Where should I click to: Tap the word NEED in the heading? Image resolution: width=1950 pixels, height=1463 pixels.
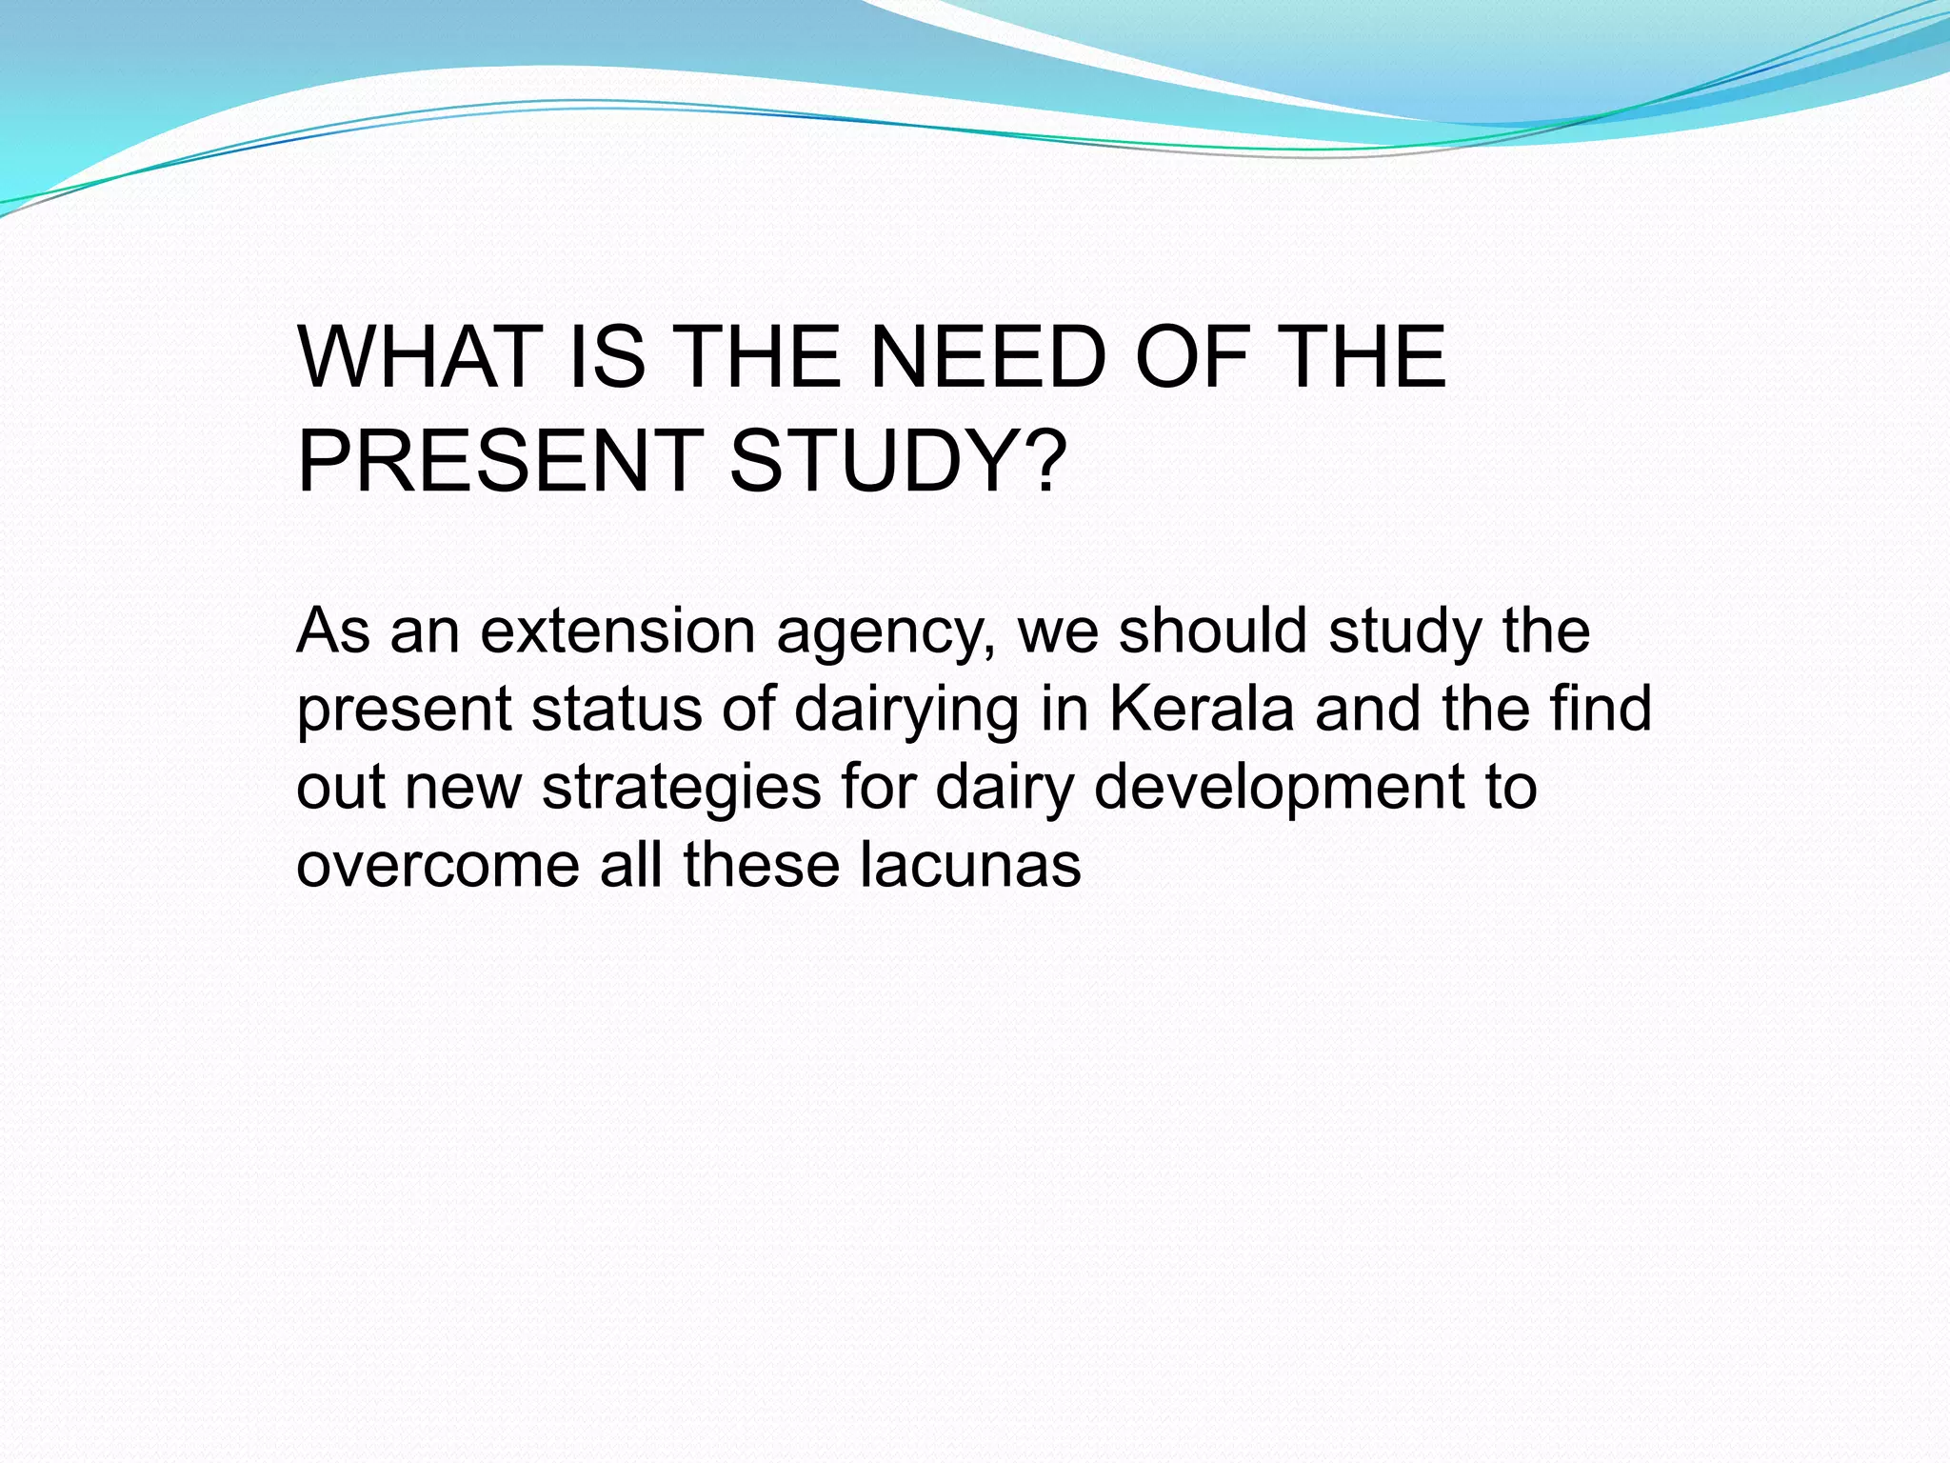987,358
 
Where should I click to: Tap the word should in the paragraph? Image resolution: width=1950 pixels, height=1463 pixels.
1212,631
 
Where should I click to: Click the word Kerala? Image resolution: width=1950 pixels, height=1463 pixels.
1202,710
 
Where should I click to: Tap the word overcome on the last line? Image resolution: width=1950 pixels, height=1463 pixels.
437,867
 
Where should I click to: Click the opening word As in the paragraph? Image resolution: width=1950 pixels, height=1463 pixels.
332,631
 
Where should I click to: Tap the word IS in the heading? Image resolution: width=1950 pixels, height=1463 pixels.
607,358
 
